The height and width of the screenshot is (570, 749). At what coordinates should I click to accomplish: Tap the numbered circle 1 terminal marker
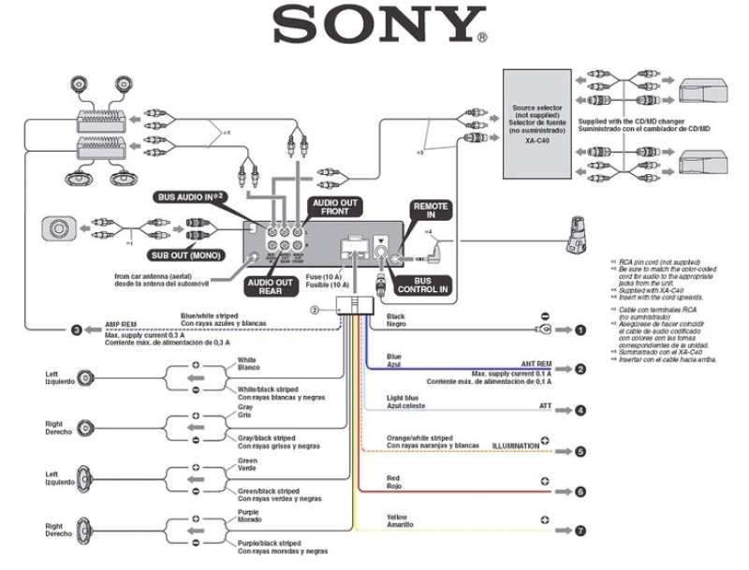click(580, 330)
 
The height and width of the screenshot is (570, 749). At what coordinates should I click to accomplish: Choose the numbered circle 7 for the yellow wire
click(580, 531)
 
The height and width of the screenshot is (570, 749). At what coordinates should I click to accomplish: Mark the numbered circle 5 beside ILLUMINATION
click(580, 451)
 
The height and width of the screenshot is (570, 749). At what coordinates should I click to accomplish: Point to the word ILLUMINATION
click(515, 446)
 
